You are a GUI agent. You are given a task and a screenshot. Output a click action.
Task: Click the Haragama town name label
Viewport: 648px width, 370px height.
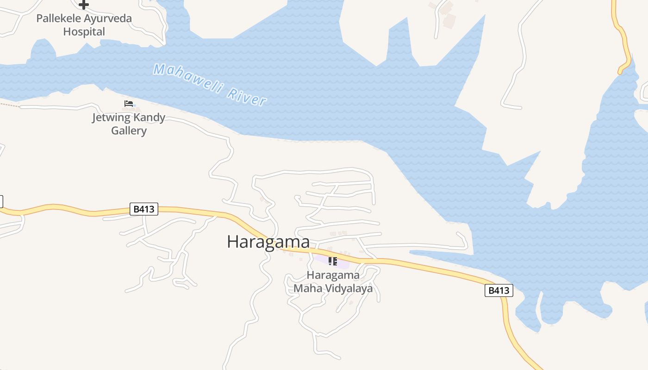(268, 242)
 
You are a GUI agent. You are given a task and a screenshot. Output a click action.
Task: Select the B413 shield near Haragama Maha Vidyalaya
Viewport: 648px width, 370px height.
(498, 290)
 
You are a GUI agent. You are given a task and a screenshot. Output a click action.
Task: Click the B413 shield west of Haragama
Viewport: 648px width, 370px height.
(143, 210)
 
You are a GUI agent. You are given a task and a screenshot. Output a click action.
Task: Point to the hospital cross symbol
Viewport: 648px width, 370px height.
(83, 5)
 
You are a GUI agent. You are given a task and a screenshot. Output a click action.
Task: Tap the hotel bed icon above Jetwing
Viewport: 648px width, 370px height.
(129, 104)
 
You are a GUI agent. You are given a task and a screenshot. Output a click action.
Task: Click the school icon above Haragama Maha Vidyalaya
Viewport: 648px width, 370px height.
(332, 261)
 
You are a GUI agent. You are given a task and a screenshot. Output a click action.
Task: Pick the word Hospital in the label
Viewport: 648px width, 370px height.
(84, 32)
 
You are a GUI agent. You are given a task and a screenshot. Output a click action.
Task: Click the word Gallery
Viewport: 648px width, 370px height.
(129, 130)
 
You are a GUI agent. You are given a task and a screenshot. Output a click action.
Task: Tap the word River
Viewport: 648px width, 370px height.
(247, 96)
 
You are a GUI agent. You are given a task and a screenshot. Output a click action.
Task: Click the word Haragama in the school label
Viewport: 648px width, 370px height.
(333, 275)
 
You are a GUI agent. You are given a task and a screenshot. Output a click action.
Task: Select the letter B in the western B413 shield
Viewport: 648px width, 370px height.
(136, 210)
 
